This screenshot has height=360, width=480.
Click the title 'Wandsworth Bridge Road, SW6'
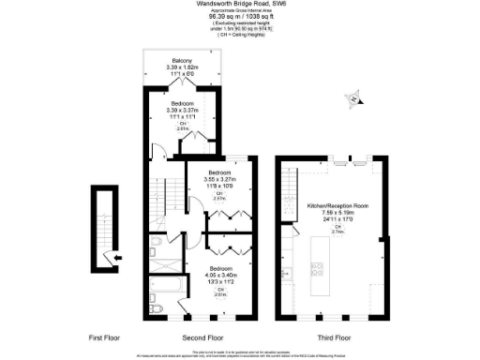click(x=240, y=4)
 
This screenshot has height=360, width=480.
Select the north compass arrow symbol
click(x=352, y=97)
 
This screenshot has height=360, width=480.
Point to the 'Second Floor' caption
click(x=202, y=336)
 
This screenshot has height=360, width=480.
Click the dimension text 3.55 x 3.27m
click(x=219, y=181)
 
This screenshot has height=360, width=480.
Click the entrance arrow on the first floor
click(x=113, y=256)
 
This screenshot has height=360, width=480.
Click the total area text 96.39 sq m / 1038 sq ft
click(x=240, y=16)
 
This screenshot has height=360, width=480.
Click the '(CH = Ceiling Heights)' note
click(x=240, y=35)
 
